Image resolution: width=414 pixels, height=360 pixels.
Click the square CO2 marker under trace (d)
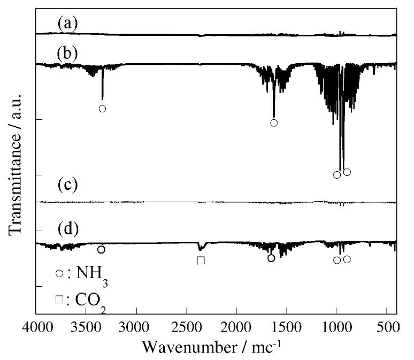point(201,261)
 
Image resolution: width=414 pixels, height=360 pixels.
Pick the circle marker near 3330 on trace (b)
point(102,109)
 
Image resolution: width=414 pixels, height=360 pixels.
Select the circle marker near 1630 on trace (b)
point(274,123)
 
